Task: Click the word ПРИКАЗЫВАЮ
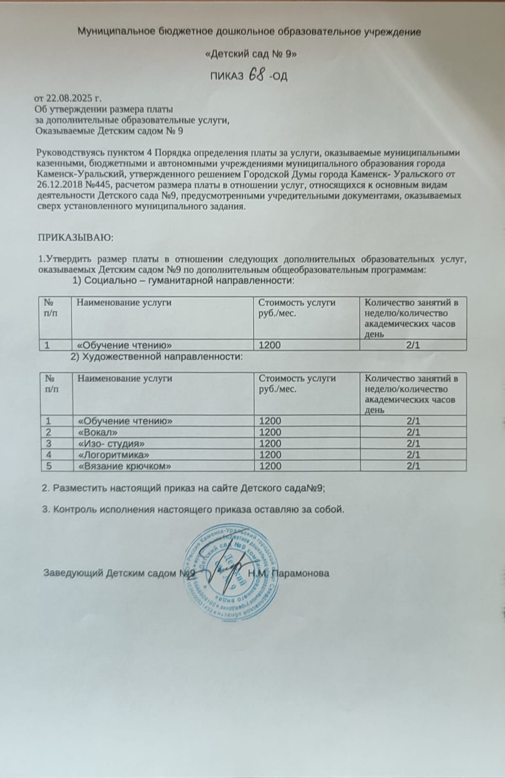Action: (75, 238)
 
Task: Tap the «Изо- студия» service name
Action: (111, 443)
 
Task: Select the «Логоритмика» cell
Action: (113, 455)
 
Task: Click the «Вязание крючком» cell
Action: (124, 466)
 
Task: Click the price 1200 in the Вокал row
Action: (270, 432)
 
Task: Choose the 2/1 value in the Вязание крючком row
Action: (413, 466)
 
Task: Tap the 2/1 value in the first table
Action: (413, 345)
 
